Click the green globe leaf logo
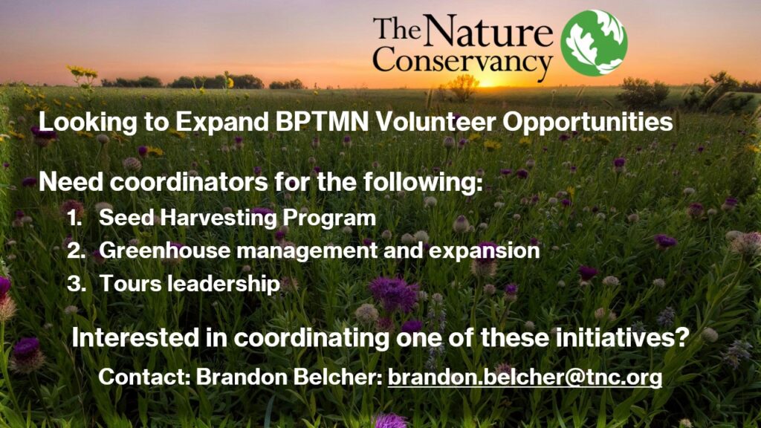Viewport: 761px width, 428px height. click(x=594, y=42)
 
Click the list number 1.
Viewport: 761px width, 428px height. click(x=75, y=218)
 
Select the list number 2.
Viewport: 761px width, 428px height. click(x=77, y=251)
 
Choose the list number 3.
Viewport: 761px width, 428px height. click(x=77, y=284)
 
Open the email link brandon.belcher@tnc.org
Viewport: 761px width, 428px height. click(x=525, y=377)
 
